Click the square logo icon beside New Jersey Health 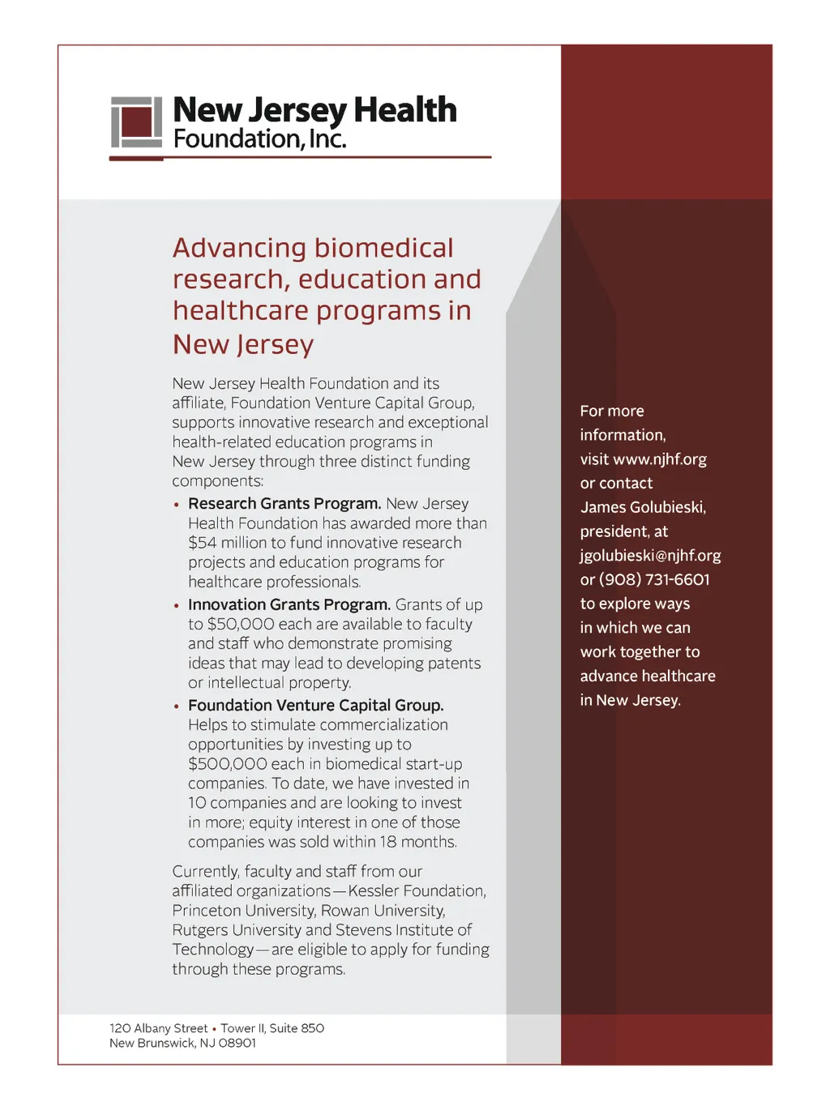[136, 123]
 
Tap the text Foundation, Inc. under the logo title [259, 139]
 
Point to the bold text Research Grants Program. [284, 504]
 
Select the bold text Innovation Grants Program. [289, 604]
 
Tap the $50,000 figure [241, 624]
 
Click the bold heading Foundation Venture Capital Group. [315, 705]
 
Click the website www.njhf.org [660, 459]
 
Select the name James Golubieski [643, 507]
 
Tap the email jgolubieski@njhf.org [650, 556]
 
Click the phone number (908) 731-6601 [654, 579]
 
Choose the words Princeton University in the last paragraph [243, 911]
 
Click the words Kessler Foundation [417, 891]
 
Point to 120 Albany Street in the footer [158, 1028]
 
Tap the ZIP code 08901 [237, 1043]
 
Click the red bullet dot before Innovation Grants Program [177, 605]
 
